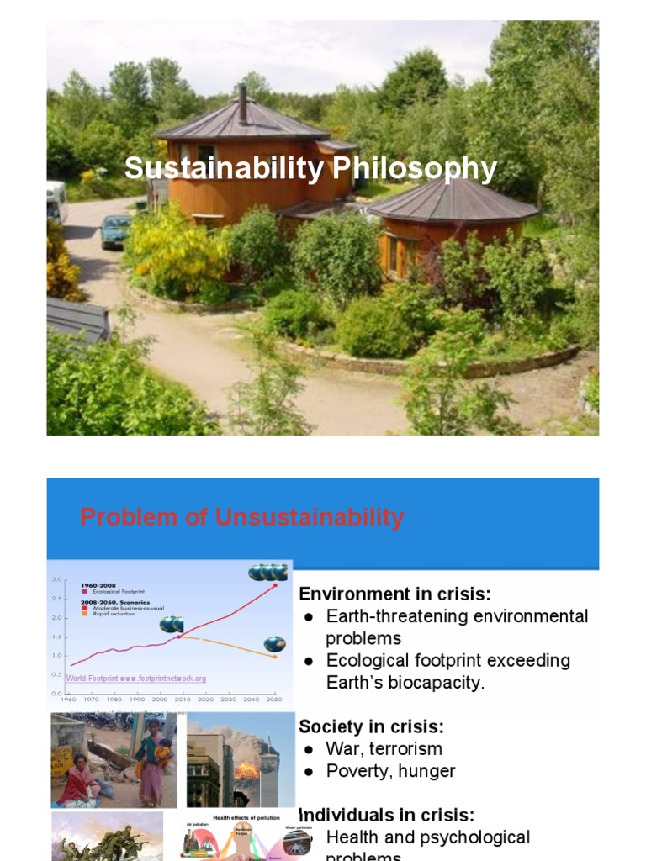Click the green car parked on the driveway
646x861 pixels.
coord(115,230)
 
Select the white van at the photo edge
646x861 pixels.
coord(56,202)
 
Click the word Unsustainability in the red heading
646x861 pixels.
coord(310,517)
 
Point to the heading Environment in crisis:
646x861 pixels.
coord(394,594)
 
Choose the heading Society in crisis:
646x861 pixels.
coord(371,726)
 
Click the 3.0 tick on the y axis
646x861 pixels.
coord(56,580)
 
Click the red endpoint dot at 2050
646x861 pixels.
coord(275,586)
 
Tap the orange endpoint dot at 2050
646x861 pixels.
coord(274,657)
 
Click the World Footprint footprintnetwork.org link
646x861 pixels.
coord(136,678)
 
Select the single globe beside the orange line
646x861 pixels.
coord(274,644)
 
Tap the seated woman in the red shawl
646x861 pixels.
coord(78,783)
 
